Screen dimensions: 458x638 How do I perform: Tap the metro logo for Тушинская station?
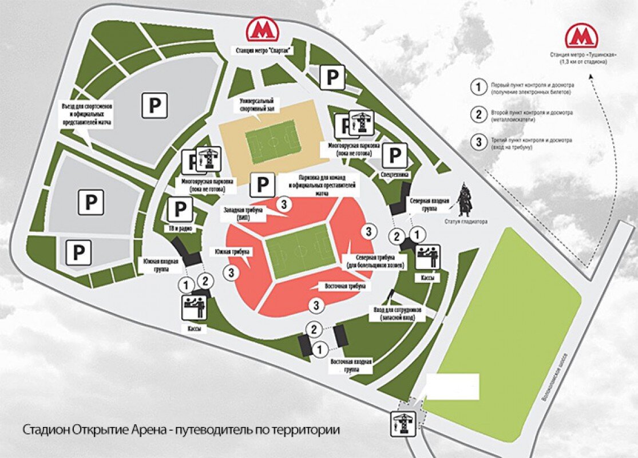pyautogui.click(x=581, y=36)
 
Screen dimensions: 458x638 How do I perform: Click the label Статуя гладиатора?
pyautogui.click(x=465, y=221)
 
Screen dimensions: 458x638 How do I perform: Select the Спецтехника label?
pyautogui.click(x=394, y=174)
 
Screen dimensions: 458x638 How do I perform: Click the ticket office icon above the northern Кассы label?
pyautogui.click(x=427, y=256)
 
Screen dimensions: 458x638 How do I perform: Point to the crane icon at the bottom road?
pyautogui.click(x=402, y=424)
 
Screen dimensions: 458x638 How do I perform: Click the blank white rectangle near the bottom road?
pyautogui.click(x=453, y=386)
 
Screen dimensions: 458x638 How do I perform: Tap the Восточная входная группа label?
pyautogui.click(x=352, y=366)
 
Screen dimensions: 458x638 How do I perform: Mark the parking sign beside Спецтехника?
pyautogui.click(x=395, y=155)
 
